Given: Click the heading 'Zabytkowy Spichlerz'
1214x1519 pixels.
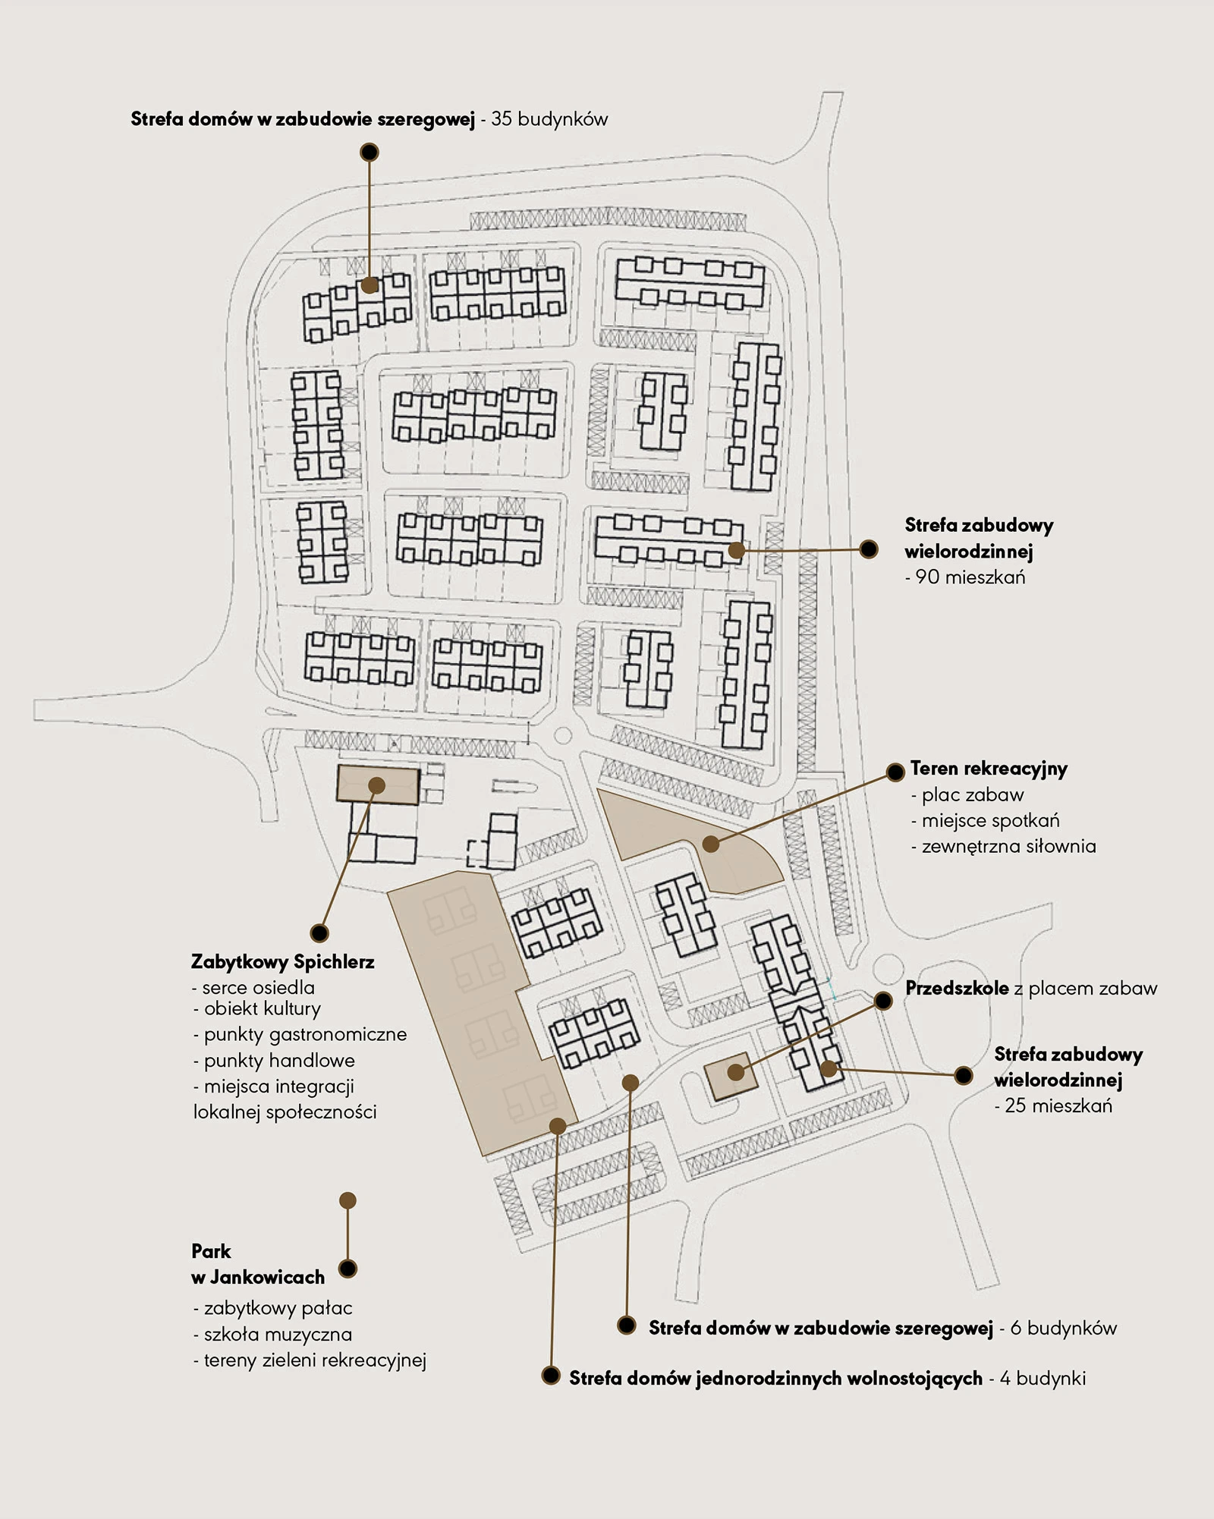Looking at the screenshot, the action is (282, 962).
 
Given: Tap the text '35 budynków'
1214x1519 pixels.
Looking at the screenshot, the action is (549, 119).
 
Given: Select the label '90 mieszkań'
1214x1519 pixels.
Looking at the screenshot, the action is (970, 577).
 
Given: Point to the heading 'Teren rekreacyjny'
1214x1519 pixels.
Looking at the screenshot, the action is (989, 769).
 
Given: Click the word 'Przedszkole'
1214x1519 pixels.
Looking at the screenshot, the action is (957, 988).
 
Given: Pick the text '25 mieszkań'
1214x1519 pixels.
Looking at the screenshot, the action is (1058, 1105).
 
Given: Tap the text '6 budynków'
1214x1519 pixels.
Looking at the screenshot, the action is (1063, 1328).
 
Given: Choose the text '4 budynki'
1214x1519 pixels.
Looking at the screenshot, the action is (1043, 1378).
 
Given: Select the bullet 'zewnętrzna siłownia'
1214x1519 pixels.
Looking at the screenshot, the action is (1008, 846).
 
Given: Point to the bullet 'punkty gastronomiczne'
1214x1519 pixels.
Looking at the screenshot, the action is (305, 1035).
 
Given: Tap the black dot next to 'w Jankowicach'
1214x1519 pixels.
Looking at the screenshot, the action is (348, 1269).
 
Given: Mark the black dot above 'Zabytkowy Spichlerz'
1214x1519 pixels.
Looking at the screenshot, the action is (319, 932).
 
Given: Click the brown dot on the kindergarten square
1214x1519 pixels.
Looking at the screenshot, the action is (735, 1073).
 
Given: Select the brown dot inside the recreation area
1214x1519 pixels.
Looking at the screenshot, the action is (710, 844).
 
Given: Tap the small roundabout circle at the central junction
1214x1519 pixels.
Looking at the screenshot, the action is (562, 735).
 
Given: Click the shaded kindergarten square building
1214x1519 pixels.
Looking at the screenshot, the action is (730, 1077).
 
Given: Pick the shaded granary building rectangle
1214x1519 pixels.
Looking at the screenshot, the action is (378, 785).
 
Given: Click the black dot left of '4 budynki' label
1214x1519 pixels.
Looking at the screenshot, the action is (551, 1376).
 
